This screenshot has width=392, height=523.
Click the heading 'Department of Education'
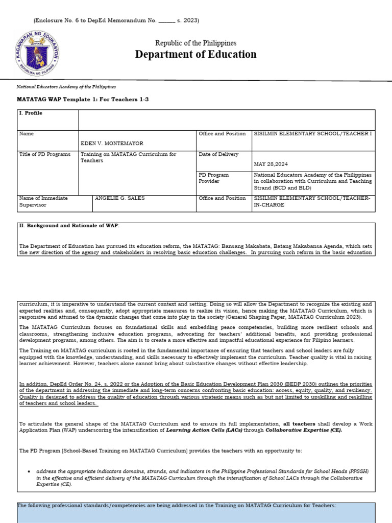pyautogui.click(x=195, y=55)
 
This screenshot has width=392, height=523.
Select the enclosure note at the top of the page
pyautogui.click(x=116, y=20)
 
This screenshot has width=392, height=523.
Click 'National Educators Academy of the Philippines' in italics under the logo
pyautogui.click(x=66, y=87)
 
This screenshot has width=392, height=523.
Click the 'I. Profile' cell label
pyautogui.click(x=31, y=113)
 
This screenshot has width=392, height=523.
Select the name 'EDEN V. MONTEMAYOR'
pyautogui.click(x=112, y=144)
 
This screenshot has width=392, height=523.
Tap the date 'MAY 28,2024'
pyautogui.click(x=273, y=164)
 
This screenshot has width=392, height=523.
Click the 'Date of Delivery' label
pyautogui.click(x=218, y=154)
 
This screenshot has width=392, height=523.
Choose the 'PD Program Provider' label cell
pyautogui.click(x=214, y=178)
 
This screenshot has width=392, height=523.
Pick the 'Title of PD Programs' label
pyautogui.click(x=45, y=154)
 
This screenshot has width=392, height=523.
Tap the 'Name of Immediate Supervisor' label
pyautogui.click(x=43, y=201)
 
